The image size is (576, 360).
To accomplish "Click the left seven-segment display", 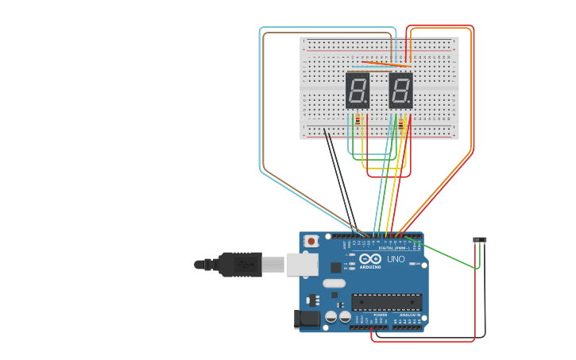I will pyautogui.click(x=358, y=91).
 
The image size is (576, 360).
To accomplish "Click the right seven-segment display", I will pyautogui.click(x=400, y=91).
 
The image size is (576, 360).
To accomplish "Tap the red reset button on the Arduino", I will pyautogui.click(x=311, y=241).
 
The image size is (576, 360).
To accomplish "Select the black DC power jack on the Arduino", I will pyautogui.click(x=307, y=319).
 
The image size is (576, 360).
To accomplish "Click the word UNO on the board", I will pyautogui.click(x=395, y=259).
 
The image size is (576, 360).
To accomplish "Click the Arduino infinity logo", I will pyautogui.click(x=370, y=258).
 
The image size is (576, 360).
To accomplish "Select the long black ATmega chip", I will pyautogui.click(x=387, y=302).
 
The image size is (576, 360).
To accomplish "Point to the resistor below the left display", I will pyautogui.click(x=358, y=119).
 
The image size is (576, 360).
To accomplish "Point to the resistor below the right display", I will pyautogui.click(x=402, y=122).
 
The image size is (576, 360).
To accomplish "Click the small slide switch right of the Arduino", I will pyautogui.click(x=479, y=239).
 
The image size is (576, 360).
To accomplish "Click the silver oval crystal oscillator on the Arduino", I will pyautogui.click(x=334, y=283).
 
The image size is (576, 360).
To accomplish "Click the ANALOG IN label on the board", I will pyautogui.click(x=409, y=315).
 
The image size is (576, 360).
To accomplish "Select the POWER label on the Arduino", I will pyautogui.click(x=380, y=315).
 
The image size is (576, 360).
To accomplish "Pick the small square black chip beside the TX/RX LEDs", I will pyautogui.click(x=336, y=268).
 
